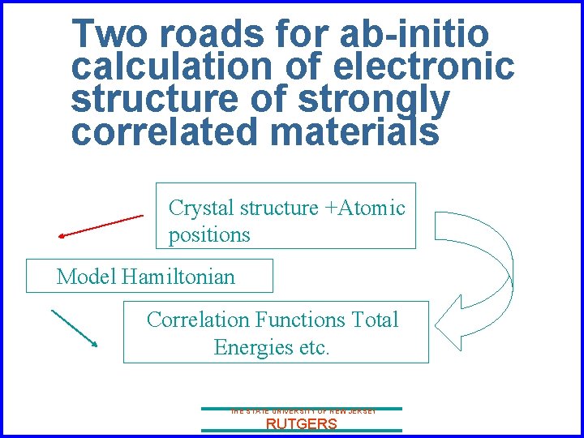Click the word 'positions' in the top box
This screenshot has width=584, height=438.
(x=209, y=235)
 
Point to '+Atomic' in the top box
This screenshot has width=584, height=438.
(x=364, y=208)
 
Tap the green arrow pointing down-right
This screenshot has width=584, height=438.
(x=75, y=328)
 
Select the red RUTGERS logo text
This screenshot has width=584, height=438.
(x=301, y=424)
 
